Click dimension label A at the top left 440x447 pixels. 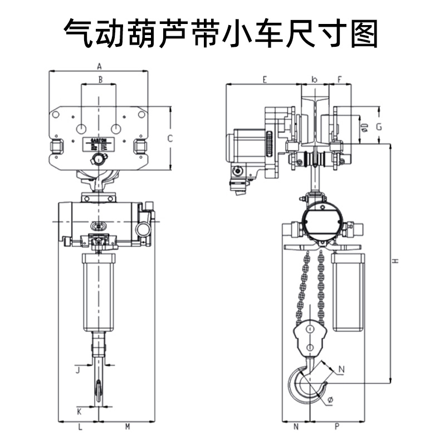click(x=99, y=65)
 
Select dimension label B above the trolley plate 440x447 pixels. click(x=100, y=80)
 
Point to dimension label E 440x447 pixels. click(x=265, y=80)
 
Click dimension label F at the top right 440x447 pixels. click(x=340, y=80)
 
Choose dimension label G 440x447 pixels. click(x=379, y=127)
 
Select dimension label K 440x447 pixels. click(x=79, y=412)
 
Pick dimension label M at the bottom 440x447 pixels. click(x=127, y=427)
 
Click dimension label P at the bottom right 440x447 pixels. click(x=337, y=427)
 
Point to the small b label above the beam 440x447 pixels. click(x=315, y=80)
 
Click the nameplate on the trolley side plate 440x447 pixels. click(x=99, y=144)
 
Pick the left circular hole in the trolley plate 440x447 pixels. click(x=82, y=129)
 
